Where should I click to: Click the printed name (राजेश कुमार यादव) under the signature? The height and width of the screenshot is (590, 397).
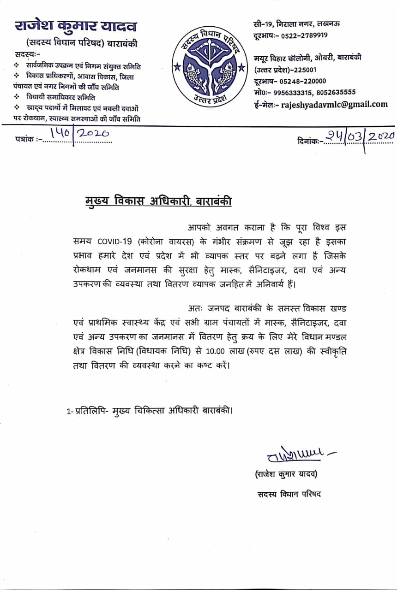click(286, 474)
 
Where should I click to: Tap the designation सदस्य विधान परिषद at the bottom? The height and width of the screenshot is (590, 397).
click(289, 494)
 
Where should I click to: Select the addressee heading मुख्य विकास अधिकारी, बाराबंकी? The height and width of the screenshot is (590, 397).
click(158, 201)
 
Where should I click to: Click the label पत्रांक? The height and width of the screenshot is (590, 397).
click(24, 138)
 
